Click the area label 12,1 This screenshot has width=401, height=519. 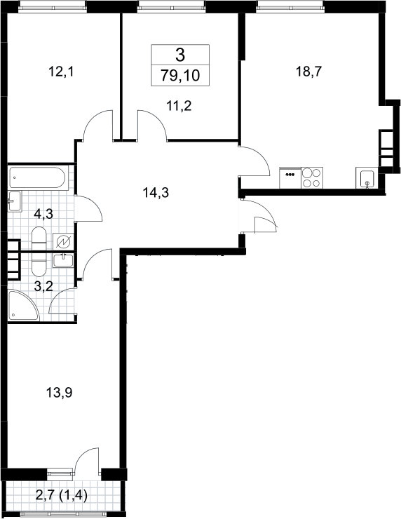[60, 72]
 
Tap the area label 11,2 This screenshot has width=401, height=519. [179, 106]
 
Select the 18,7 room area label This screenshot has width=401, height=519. [308, 71]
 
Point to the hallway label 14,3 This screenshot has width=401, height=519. [156, 192]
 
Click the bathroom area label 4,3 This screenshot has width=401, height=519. [43, 214]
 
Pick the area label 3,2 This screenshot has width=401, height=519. [43, 286]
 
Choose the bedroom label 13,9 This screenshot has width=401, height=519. [59, 393]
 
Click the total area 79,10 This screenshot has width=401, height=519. [180, 76]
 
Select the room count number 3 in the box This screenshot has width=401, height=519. [180, 55]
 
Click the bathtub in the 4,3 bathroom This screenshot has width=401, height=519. [38, 178]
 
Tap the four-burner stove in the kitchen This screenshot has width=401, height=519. [312, 178]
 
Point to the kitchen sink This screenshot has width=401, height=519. [367, 178]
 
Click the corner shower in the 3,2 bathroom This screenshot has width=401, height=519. [22, 306]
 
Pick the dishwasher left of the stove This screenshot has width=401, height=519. [290, 178]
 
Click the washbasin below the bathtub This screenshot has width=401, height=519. [15, 201]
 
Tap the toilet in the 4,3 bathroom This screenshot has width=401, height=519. [39, 238]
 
